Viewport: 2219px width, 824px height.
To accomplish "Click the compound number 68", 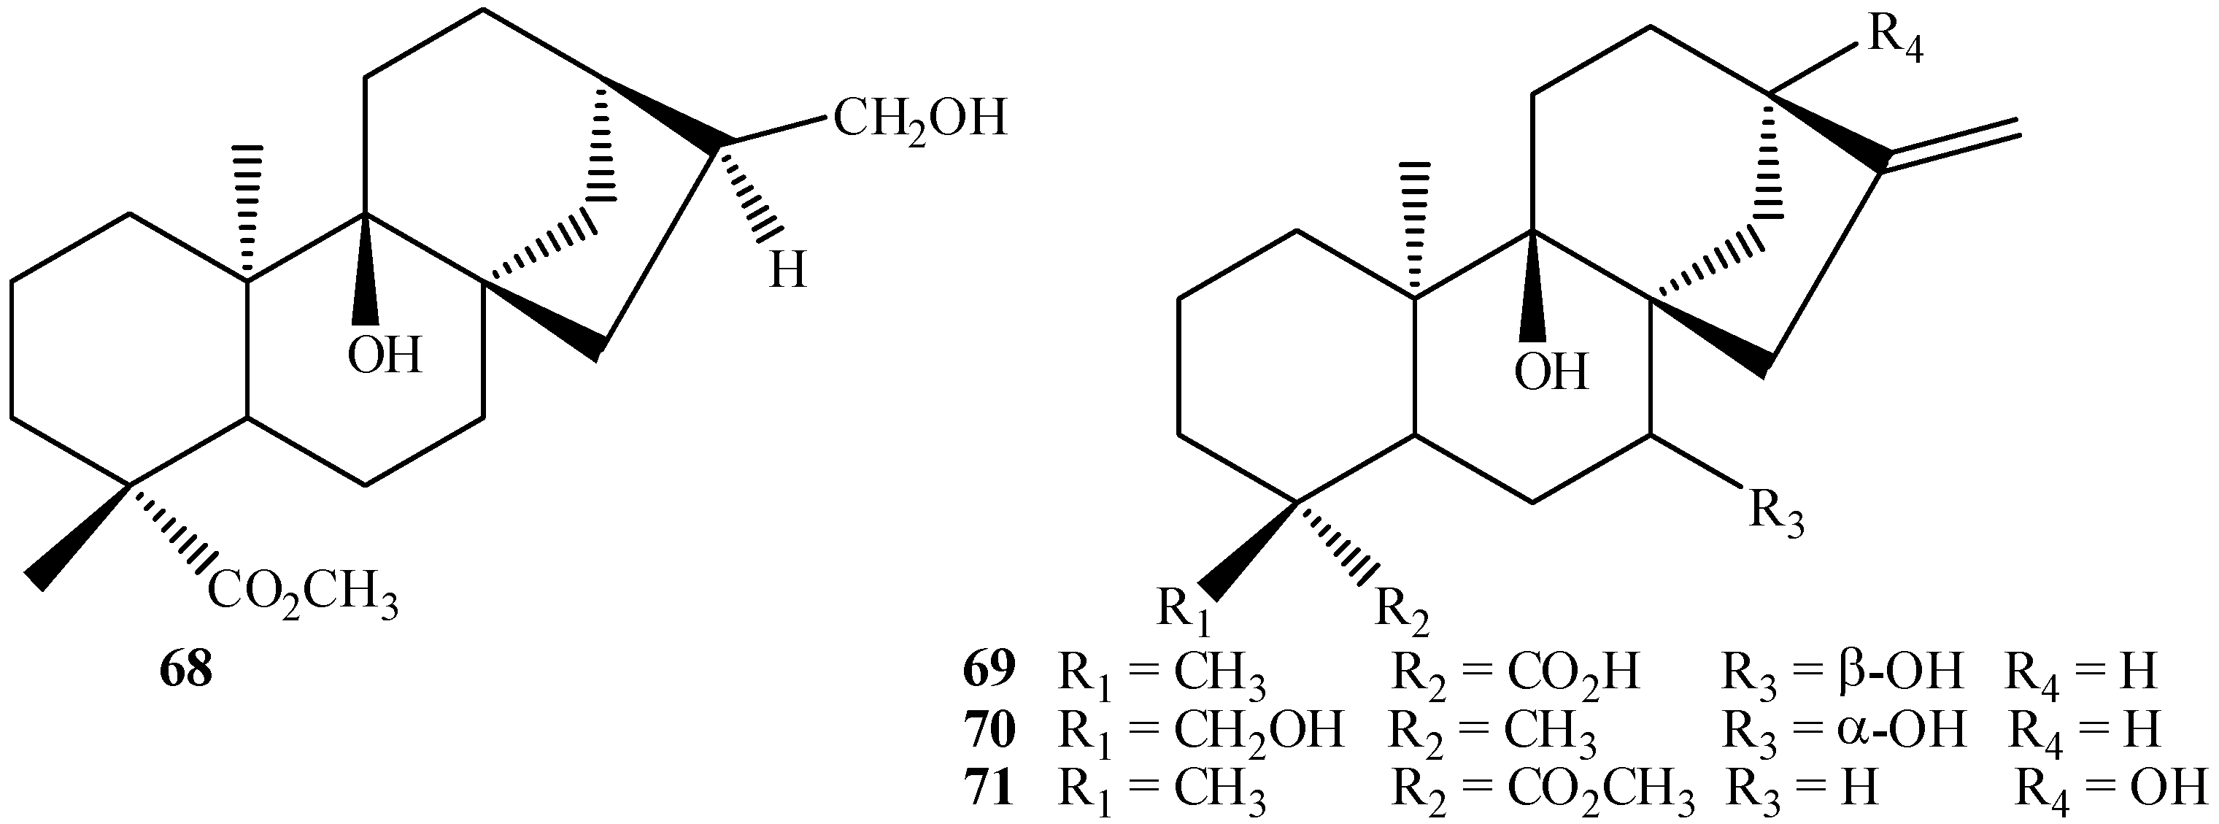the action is pos(185,670).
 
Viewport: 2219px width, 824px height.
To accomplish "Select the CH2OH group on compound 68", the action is pos(919,120).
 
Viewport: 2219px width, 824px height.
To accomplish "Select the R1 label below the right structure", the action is pos(1184,610).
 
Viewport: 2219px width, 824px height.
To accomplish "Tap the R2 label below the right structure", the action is pos(1402,610).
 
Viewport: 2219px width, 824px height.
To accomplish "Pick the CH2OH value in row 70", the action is pos(1259,731).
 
